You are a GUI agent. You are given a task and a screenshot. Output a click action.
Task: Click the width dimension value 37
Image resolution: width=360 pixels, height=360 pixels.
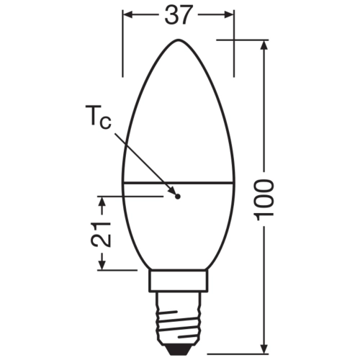click(179, 15)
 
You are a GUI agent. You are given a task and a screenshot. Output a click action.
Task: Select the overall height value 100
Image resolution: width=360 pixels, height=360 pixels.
click(266, 199)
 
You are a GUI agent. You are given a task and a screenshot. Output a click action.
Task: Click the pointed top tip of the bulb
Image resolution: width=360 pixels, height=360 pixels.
click(179, 40)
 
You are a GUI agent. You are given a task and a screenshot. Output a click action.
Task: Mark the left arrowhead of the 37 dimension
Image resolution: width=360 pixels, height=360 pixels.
click(128, 14)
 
